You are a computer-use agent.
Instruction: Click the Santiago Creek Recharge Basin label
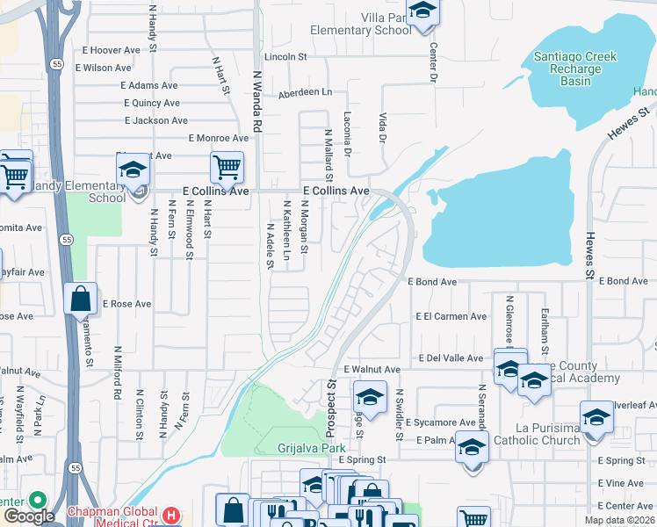click(x=575, y=69)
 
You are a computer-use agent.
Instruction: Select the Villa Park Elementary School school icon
click(x=423, y=12)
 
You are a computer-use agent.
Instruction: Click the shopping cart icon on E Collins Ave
click(x=227, y=165)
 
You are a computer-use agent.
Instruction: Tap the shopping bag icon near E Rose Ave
click(x=81, y=300)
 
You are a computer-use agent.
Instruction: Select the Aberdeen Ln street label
click(x=306, y=92)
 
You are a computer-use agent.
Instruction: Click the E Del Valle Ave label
click(x=451, y=358)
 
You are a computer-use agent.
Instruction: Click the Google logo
click(x=29, y=516)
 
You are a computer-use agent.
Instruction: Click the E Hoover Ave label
click(x=111, y=51)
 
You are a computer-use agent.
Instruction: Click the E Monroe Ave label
click(x=219, y=138)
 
